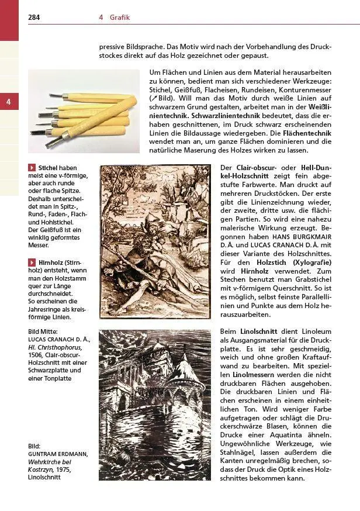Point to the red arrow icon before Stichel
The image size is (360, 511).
point(32,168)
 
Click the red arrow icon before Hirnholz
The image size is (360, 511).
point(32,264)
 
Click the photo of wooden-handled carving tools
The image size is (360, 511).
point(84,112)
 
